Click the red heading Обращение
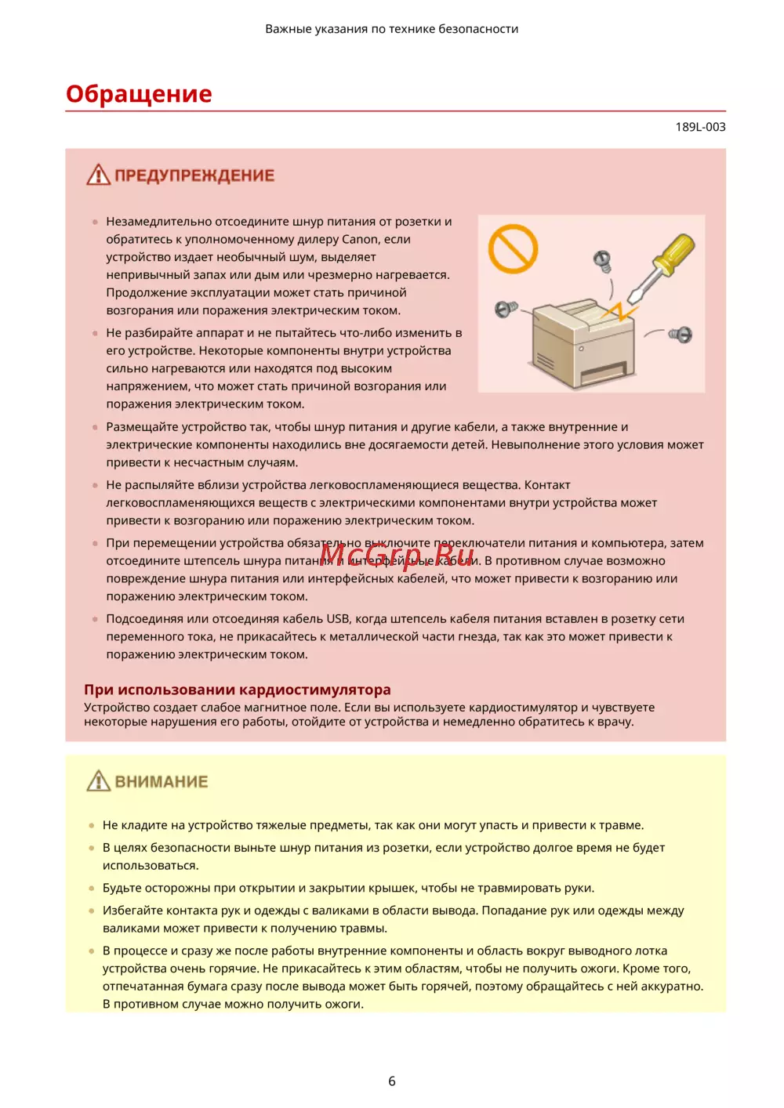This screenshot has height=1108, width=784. (x=139, y=94)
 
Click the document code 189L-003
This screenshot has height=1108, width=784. (x=700, y=127)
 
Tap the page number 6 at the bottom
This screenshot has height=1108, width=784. (x=392, y=1081)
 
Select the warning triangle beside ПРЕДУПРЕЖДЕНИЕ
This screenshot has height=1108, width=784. (x=98, y=175)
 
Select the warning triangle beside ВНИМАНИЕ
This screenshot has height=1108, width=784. (x=98, y=781)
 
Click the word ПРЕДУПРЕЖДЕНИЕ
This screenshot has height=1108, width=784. (x=194, y=176)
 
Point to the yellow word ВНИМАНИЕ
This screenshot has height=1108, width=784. (x=162, y=782)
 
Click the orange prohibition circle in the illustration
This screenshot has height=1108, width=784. (x=513, y=249)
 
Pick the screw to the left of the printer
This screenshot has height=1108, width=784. (x=505, y=310)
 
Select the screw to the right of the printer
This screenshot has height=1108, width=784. (x=681, y=335)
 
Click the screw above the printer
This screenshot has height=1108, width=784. (x=602, y=259)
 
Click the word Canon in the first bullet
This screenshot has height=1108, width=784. (x=360, y=240)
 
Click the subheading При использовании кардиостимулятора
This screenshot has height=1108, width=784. (x=237, y=690)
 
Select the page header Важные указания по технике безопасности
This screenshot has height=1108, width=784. (x=392, y=29)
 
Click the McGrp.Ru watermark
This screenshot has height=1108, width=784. (x=397, y=555)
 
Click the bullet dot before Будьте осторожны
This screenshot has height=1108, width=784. (x=93, y=889)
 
